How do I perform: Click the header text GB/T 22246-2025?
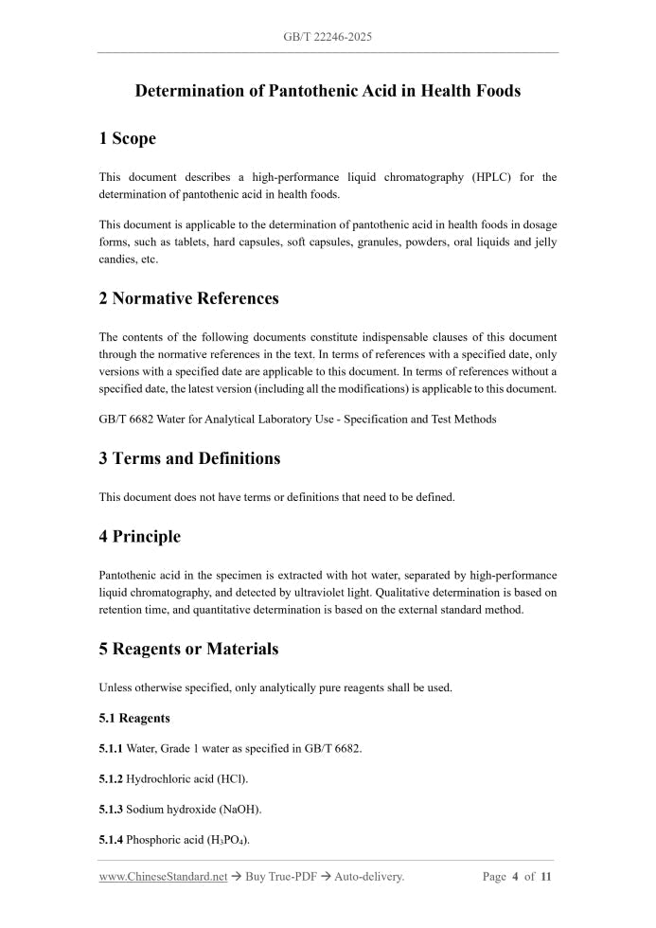pyautogui.click(x=328, y=37)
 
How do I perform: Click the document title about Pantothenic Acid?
pyautogui.click(x=328, y=91)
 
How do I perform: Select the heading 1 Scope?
pyautogui.click(x=127, y=138)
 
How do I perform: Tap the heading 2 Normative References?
pyautogui.click(x=188, y=298)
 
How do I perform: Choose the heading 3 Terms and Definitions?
pyautogui.click(x=189, y=458)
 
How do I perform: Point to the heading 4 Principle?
pyautogui.click(x=139, y=536)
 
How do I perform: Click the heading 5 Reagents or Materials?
pyautogui.click(x=188, y=649)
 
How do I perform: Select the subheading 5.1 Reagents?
pyautogui.click(x=134, y=719)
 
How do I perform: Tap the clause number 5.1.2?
pyautogui.click(x=111, y=778)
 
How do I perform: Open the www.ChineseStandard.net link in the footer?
pyautogui.click(x=163, y=877)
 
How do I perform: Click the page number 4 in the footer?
pyautogui.click(x=516, y=877)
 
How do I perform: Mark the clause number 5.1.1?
pyautogui.click(x=111, y=748)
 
